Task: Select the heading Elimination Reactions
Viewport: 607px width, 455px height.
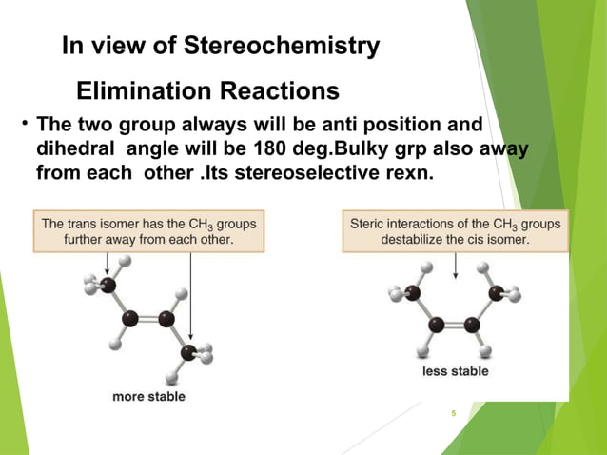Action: (x=206, y=92)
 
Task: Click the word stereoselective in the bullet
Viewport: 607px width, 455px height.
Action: (x=315, y=174)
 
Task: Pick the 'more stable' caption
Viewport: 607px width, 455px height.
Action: (x=148, y=395)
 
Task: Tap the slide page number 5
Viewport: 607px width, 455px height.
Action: (x=454, y=413)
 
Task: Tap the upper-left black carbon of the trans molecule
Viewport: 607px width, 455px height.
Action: (x=108, y=285)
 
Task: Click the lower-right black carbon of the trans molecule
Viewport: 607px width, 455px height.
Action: (x=188, y=354)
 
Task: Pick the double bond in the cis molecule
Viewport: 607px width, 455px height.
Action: (x=454, y=325)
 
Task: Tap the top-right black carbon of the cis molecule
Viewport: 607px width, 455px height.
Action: (x=495, y=292)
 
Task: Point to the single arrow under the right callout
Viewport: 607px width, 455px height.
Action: (x=456, y=265)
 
